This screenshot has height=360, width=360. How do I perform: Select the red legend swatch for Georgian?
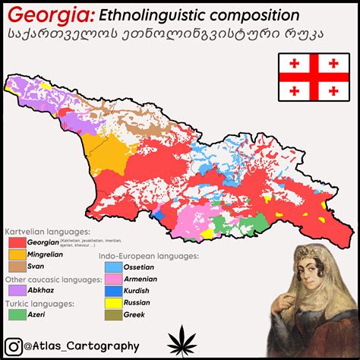[x=17, y=242]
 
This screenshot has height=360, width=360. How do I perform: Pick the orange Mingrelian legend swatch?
[x=17, y=255]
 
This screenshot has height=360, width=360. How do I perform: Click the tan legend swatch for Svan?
[x=17, y=267]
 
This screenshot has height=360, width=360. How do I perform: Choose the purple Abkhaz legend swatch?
[x=17, y=289]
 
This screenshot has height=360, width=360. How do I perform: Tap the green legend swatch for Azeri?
[x=17, y=313]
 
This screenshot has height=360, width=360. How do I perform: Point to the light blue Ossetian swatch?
[x=113, y=267]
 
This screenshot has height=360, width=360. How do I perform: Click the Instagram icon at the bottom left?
[x=13, y=346]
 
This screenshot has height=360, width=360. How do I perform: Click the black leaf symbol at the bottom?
[x=180, y=340]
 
